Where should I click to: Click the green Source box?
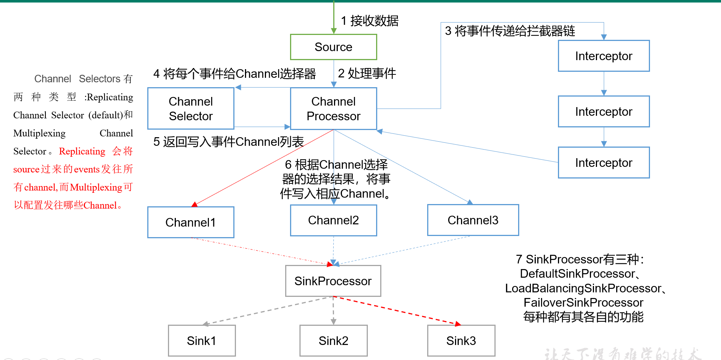point(333,47)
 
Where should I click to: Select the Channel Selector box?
point(191,109)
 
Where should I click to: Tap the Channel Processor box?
point(333,109)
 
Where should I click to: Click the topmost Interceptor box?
point(603,56)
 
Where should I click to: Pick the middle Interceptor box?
point(603,112)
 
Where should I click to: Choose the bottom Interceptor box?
point(603,163)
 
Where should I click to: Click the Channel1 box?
point(191,222)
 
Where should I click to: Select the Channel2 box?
point(333,220)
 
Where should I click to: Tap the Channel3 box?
point(473,220)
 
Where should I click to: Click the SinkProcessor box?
point(333,281)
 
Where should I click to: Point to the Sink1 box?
point(202,341)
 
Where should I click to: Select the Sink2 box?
point(333,341)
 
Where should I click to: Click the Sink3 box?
point(461,341)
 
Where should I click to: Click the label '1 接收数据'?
point(369,21)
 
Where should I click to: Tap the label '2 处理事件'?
point(367,73)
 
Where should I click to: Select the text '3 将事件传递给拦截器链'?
point(510,31)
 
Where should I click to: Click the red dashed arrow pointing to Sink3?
point(398,311)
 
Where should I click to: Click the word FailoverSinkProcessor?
point(583,303)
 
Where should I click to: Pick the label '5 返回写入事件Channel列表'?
point(228,142)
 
